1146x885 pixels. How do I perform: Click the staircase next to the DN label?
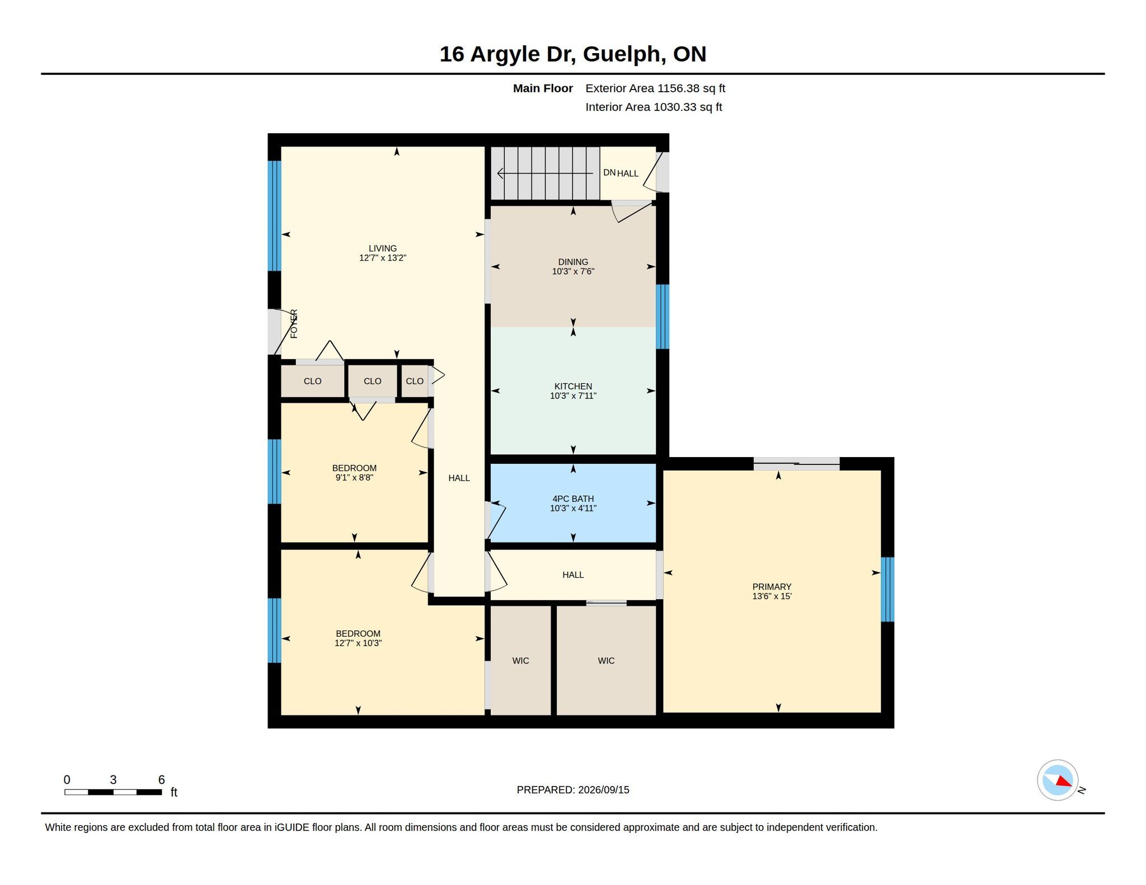click(x=546, y=173)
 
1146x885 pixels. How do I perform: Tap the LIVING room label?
click(x=383, y=248)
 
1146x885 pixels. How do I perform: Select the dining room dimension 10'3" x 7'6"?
click(x=573, y=272)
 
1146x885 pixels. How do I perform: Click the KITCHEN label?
click(x=573, y=386)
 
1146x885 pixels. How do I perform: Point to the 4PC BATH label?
click(x=573, y=498)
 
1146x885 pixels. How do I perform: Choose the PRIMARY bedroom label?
click(x=772, y=586)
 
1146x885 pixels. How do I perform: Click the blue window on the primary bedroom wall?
click(x=887, y=589)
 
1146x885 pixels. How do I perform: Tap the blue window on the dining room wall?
click(x=663, y=317)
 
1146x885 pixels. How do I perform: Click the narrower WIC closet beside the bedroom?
click(x=521, y=660)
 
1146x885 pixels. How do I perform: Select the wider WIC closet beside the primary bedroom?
click(x=606, y=660)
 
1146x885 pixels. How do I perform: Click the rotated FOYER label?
click(x=294, y=323)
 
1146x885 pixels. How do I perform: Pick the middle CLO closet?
click(x=372, y=381)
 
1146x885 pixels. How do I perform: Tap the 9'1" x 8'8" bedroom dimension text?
click(x=354, y=478)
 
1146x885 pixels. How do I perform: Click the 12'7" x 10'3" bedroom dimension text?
click(x=358, y=643)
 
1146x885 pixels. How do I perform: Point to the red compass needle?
click(x=1064, y=781)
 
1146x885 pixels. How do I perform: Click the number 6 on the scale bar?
click(x=162, y=780)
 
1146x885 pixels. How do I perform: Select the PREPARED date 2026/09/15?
click(x=604, y=790)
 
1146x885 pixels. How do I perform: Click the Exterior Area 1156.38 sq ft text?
click(x=655, y=88)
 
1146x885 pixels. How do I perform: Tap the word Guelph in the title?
click(x=624, y=54)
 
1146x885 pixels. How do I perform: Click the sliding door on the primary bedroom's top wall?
click(x=796, y=464)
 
